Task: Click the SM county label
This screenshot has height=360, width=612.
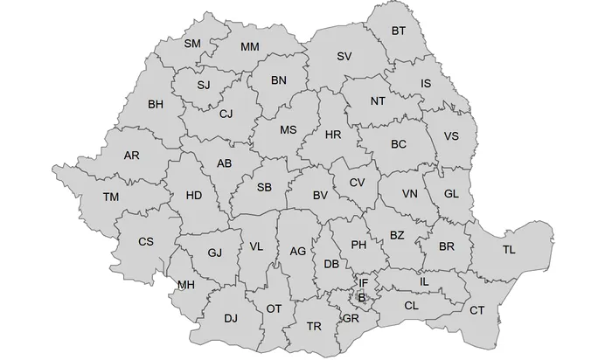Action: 193,44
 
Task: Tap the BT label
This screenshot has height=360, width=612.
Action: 399,31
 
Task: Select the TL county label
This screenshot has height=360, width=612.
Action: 509,251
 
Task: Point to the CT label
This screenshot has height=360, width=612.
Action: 476,310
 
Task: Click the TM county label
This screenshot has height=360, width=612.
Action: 110,197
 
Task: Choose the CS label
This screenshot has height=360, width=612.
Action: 146,242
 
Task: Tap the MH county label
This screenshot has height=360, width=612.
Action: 185,285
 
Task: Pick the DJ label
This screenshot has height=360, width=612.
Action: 231,318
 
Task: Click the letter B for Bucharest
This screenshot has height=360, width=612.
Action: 362,298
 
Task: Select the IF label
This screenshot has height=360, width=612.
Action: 363,283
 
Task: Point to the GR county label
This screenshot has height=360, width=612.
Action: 351,318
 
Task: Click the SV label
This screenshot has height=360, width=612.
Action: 344,56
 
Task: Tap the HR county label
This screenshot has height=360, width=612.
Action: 333,135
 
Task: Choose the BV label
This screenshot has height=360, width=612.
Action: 320,195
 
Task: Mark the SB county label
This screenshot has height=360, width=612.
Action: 265,187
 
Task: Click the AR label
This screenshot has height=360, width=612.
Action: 132,156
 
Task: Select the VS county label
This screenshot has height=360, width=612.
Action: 451,136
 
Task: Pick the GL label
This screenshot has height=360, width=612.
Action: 451,194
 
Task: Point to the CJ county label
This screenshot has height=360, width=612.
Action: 226,114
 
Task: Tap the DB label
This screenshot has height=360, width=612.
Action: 331,264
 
